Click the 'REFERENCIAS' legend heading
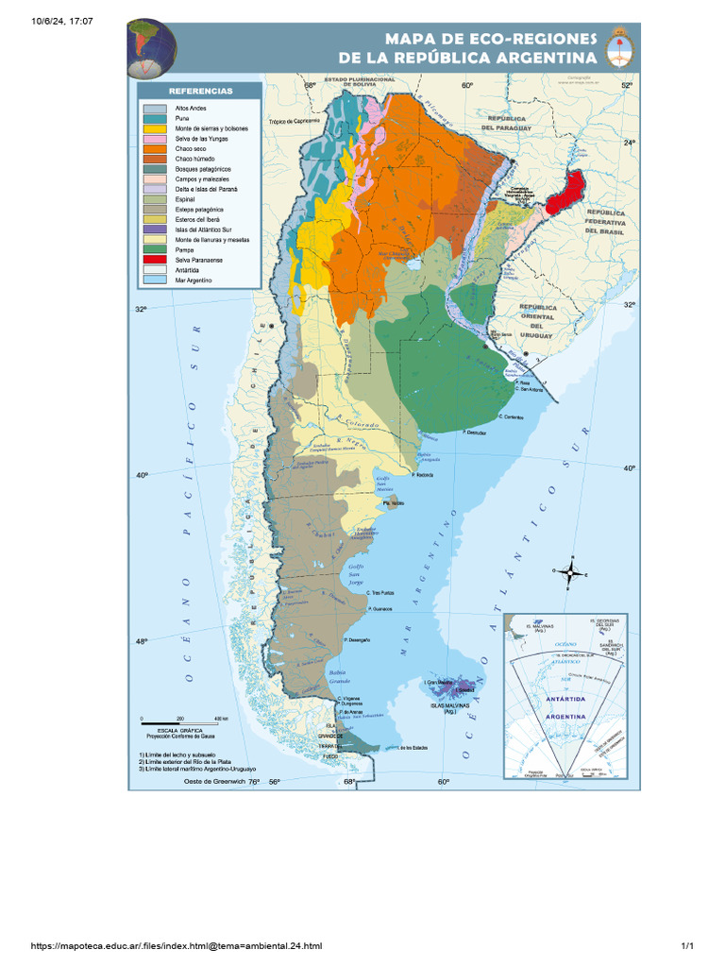point(199,91)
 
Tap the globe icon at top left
point(153,47)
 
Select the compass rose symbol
point(570,571)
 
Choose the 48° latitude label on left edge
point(141,642)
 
